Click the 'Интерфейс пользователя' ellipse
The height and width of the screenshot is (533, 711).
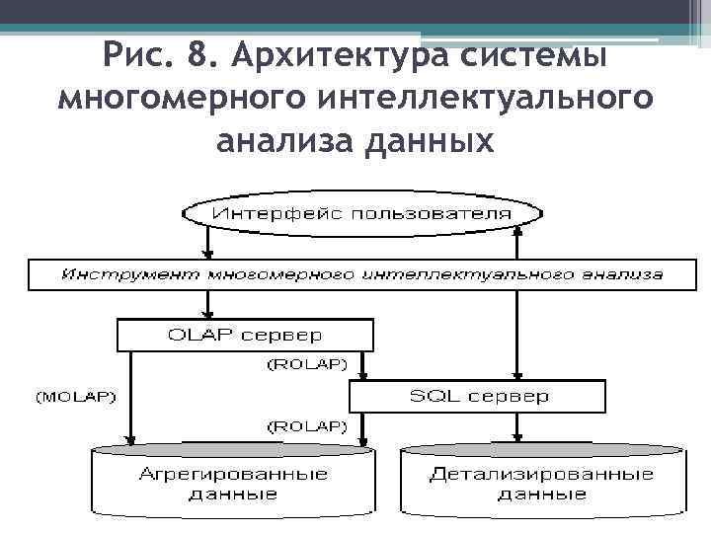pos(362,213)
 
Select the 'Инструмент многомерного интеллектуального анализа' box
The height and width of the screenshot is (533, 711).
pos(362,274)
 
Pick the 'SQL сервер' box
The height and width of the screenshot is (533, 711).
pos(478,397)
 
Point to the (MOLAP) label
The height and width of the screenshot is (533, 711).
pos(75,398)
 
